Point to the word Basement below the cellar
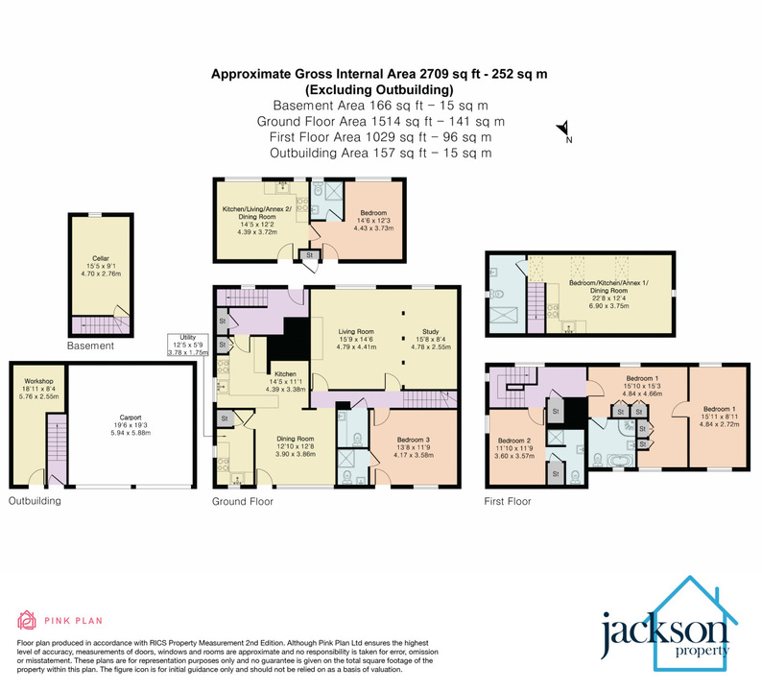(92, 345)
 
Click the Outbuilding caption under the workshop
(35, 500)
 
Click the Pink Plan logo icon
(27, 619)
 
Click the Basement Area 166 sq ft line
(381, 106)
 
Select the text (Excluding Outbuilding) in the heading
(380, 89)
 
